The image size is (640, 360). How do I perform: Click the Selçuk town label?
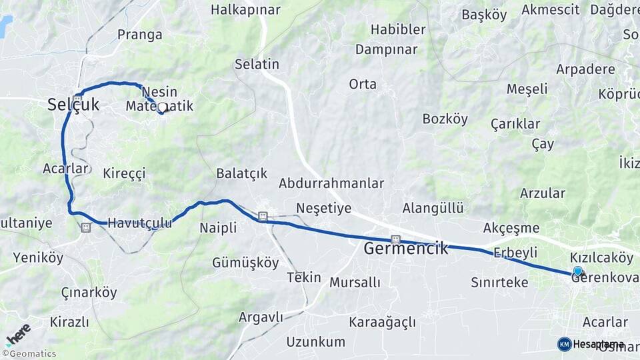[73, 105]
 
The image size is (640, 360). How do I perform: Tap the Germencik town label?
[405, 249]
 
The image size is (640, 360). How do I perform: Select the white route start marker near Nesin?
[161, 107]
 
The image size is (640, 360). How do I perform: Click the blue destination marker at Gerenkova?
[577, 271]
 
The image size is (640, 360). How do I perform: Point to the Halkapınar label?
[245, 10]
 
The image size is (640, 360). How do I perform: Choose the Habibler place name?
[398, 29]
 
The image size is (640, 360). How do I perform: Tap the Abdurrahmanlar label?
[331, 183]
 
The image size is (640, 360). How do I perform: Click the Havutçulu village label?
[139, 223]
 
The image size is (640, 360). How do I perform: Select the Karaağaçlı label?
[382, 323]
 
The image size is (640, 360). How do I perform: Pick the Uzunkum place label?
[316, 342]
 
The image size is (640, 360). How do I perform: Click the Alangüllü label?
[433, 208]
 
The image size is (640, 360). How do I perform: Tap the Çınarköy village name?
[89, 293]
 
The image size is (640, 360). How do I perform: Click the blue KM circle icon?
[564, 344]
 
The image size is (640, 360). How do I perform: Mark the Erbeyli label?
[515, 253]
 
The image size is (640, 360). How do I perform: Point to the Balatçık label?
[241, 173]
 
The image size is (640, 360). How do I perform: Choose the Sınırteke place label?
[499, 283]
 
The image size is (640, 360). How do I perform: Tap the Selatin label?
[257, 65]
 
